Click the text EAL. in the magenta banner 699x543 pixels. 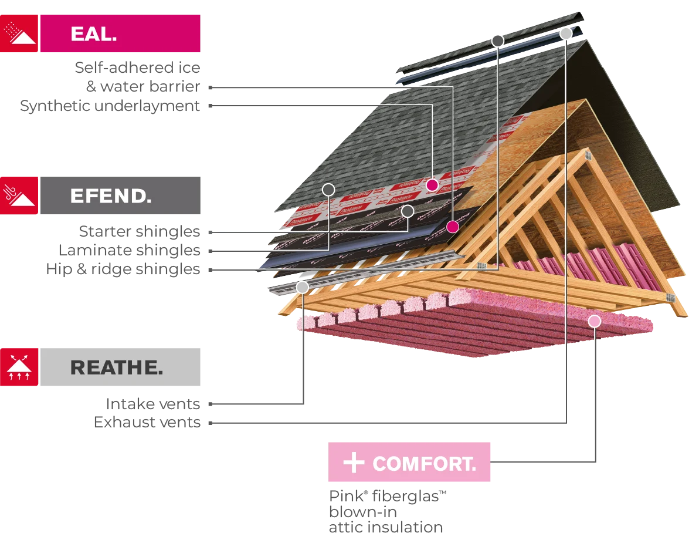93,33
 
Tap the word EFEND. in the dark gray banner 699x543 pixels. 110,195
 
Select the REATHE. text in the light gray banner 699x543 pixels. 116,368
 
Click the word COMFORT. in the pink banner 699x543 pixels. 424,464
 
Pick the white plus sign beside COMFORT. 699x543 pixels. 354,463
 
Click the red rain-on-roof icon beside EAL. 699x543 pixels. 19,33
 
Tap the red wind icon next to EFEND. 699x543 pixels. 19,195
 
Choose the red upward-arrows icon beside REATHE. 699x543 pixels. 19,368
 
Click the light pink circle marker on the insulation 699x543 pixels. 595,321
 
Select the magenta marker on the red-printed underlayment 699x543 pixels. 432,185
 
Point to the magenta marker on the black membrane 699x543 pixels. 452,226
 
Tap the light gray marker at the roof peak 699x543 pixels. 565,33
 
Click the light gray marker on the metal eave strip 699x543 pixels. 303,287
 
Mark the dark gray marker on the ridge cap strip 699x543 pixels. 498,41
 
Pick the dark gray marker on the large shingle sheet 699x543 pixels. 328,189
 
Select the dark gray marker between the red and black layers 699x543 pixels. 408,211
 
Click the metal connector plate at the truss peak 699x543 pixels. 587,156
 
